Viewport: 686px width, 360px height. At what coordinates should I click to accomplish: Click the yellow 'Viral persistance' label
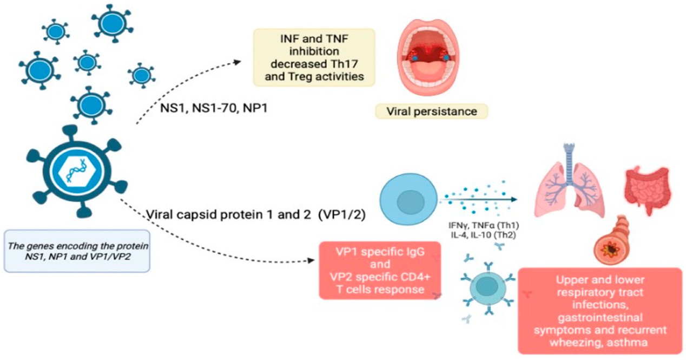431,112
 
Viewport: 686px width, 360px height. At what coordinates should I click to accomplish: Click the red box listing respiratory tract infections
599,310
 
